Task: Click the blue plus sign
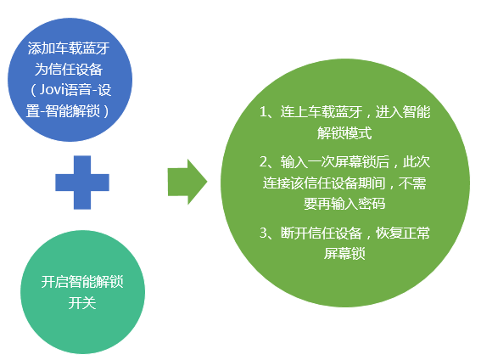[82, 183]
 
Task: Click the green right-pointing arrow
[187, 182]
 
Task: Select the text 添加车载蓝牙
[69, 48]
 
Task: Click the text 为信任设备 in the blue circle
[69, 70]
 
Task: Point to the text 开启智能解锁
[82, 282]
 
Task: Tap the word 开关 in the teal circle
[82, 303]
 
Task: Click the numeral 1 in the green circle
[263, 112]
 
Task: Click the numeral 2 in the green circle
[263, 161]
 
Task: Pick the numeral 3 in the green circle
[263, 233]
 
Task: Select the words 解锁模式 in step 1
[344, 133]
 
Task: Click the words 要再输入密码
[344, 204]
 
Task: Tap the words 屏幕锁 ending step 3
[344, 254]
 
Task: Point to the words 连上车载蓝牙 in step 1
[322, 112]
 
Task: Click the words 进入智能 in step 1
[403, 112]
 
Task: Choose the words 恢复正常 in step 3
[403, 233]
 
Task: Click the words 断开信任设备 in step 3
[322, 233]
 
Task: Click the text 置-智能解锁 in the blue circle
[63, 111]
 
